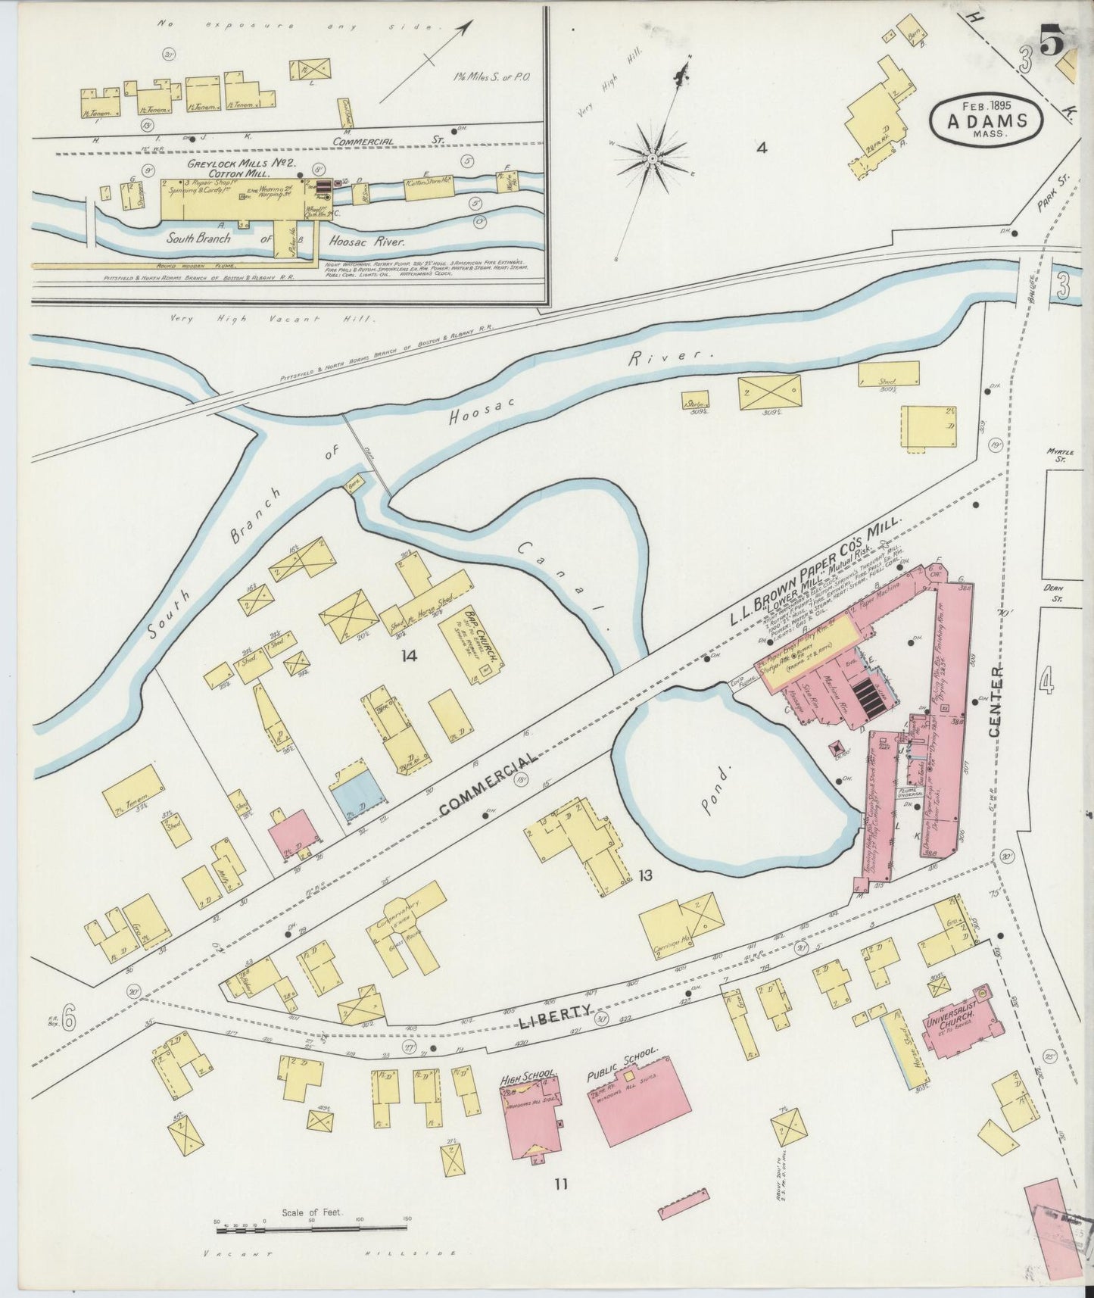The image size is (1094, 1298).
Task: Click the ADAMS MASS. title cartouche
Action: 987,119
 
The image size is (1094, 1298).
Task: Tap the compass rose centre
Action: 651,158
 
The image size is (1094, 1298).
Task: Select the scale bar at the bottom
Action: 312,1225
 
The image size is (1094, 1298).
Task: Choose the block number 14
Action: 410,656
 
